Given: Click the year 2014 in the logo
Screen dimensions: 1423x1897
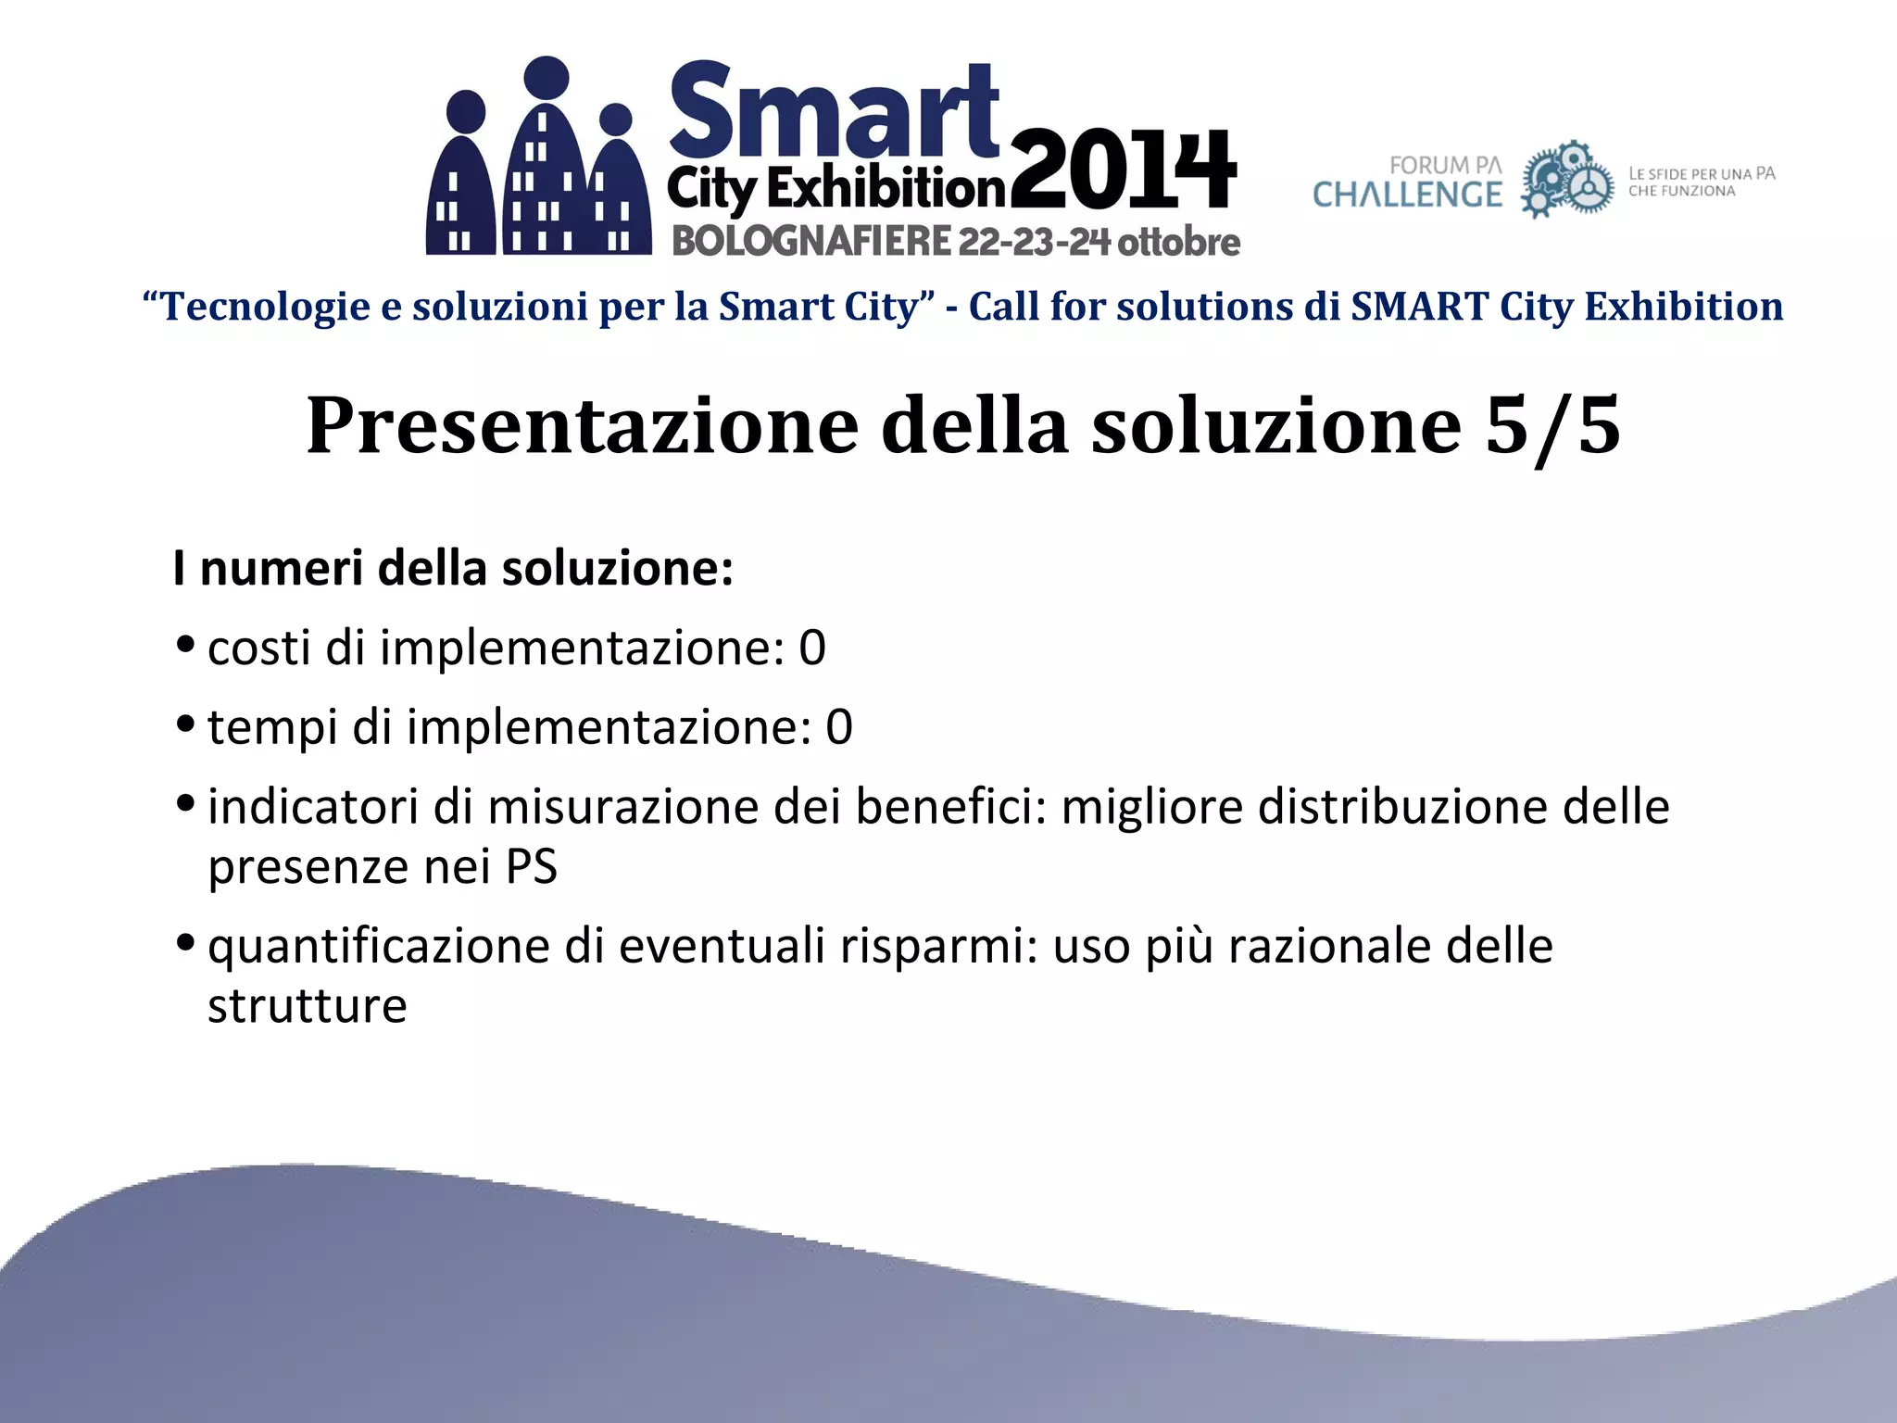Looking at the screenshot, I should coord(1123,171).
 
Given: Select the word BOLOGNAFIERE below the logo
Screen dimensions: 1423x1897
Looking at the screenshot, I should coord(811,242).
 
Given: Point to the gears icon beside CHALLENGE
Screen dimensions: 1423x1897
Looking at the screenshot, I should coord(1567,180).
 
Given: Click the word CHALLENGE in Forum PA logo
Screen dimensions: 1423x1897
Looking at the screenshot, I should coord(1407,195).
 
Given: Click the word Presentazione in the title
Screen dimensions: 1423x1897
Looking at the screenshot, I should coord(582,425).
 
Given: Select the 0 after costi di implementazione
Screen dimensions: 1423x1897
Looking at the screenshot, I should coord(811,648).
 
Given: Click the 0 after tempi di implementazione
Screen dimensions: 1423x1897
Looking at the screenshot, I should coord(838,727).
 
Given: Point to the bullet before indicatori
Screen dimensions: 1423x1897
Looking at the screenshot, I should coord(184,801).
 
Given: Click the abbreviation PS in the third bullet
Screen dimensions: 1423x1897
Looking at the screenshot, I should coord(531,867).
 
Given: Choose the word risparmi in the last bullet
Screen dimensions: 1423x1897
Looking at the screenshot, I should coord(937,947).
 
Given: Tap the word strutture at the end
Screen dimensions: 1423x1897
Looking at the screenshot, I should coord(307,1006).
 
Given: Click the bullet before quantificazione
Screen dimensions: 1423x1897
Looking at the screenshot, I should coord(184,942).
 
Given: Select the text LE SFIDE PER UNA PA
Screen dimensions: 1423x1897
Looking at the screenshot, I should coord(1702,174).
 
